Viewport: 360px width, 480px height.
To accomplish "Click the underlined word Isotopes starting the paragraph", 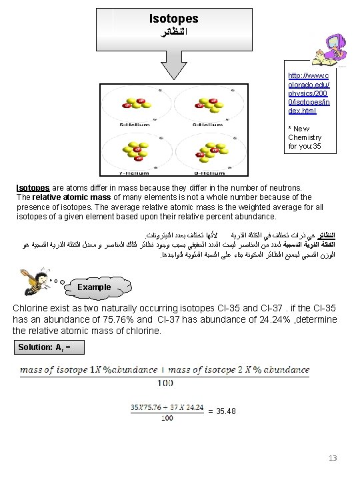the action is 32,189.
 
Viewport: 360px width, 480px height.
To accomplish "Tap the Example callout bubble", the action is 94,287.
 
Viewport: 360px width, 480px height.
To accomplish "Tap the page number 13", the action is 333,458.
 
